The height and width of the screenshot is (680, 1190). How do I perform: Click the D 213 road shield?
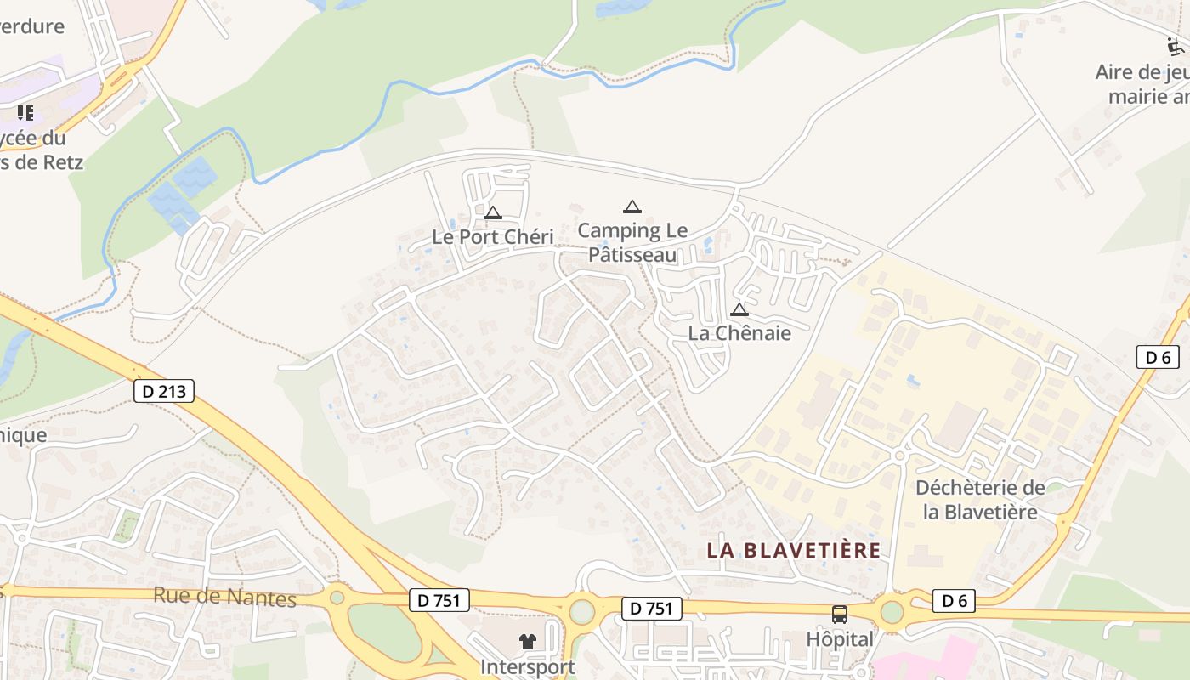point(164,391)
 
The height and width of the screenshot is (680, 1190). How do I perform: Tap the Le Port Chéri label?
point(492,237)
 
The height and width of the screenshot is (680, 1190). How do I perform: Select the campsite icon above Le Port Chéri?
point(492,212)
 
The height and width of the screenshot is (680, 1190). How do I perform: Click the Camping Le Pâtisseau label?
point(632,242)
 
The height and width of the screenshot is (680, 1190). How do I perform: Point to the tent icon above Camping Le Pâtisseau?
point(632,207)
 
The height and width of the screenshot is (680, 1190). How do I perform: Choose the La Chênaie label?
point(739,333)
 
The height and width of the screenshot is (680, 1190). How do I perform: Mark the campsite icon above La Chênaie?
point(739,309)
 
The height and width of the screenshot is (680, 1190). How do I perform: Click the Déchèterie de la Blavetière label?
point(980,500)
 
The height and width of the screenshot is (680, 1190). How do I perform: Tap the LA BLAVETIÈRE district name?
point(793,551)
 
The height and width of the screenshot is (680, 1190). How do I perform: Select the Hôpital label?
point(839,639)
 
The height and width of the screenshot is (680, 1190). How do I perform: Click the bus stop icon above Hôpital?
point(839,614)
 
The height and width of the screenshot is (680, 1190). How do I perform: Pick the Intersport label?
point(527,667)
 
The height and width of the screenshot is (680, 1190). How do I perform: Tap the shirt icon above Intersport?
point(528,642)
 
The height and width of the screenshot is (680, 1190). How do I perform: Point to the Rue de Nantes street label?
point(224,597)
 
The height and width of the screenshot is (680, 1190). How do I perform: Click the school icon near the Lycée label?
point(25,112)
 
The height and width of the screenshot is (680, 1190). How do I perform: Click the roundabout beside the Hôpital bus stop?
point(892,611)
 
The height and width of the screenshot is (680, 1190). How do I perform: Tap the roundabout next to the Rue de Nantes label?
point(337,597)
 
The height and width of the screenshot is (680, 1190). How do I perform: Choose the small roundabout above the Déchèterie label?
point(899,456)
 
